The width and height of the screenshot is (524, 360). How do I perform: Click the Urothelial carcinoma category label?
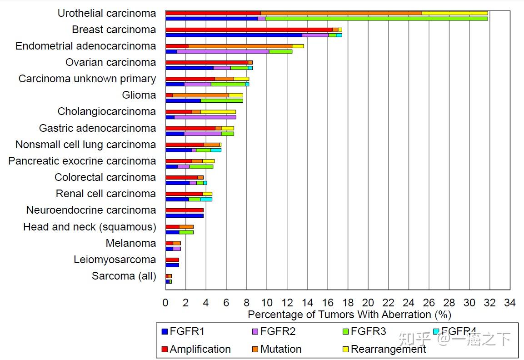[x=107, y=14]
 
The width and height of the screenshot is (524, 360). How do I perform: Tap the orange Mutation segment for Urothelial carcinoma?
[x=341, y=13]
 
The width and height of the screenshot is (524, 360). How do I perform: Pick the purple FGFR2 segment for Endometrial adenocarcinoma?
[x=223, y=51]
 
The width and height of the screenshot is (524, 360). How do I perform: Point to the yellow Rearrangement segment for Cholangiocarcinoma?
[x=218, y=111]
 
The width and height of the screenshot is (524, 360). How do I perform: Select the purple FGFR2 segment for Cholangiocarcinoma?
[x=205, y=117]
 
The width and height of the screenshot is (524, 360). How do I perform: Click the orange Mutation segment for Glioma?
[x=200, y=95]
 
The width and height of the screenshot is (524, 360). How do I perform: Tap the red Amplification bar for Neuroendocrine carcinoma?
[x=185, y=210]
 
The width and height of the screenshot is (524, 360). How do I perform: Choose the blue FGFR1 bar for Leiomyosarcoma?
[x=172, y=265]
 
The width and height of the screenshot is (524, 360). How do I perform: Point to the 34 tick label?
[x=510, y=303]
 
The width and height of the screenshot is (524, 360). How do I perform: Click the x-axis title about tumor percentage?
[x=349, y=315]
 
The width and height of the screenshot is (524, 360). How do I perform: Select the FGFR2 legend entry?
[x=278, y=331]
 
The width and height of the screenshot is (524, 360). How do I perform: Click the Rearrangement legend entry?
[x=388, y=349]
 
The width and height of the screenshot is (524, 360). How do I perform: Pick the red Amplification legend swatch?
[x=165, y=349]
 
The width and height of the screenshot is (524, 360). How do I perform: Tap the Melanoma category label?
[x=131, y=243]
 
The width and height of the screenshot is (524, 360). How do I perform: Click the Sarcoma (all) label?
[x=124, y=276]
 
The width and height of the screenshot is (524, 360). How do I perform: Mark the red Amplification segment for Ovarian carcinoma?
[x=207, y=62]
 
